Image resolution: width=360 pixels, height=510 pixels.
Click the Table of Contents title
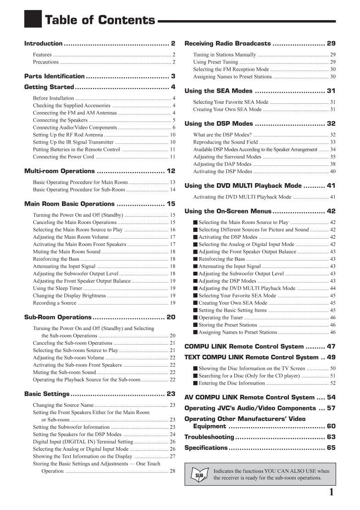(100, 20)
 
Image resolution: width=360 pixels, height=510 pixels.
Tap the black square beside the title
(33, 19)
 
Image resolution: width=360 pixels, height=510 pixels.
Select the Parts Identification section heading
(54, 76)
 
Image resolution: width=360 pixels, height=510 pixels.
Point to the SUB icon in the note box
(199, 475)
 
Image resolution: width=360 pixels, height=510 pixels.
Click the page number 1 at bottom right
(331, 493)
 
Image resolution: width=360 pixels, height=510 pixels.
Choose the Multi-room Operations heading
(59, 171)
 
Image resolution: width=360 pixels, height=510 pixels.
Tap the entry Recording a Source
(55, 303)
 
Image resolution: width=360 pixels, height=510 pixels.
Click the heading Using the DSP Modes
(219, 123)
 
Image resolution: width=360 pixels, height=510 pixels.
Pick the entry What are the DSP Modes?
(222, 135)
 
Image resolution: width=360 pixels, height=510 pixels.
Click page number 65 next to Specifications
(331, 448)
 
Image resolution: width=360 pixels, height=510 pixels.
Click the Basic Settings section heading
(47, 394)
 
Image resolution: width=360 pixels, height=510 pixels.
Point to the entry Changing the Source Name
(63, 405)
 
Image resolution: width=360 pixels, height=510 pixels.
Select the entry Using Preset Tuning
(215, 62)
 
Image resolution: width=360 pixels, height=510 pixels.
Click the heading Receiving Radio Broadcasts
(227, 44)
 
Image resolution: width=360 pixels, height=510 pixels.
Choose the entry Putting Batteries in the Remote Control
(76, 149)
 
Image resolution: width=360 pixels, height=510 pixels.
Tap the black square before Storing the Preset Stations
(195, 325)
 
